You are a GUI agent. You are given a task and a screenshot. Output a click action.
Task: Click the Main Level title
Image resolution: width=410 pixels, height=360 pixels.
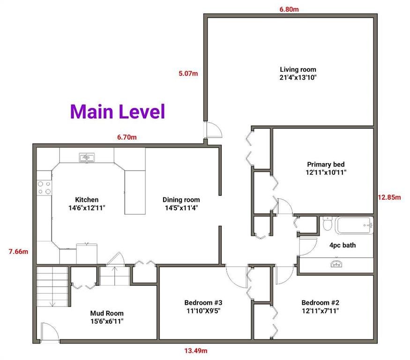(118, 112)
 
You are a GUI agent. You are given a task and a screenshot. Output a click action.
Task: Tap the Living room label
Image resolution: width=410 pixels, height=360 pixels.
(298, 69)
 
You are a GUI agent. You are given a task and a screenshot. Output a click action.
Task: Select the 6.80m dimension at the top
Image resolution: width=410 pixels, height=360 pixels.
(289, 9)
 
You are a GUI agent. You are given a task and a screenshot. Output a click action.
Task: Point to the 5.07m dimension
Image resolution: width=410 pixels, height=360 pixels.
(188, 74)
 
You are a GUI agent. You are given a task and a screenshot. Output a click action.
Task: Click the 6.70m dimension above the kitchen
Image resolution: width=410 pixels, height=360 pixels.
(127, 137)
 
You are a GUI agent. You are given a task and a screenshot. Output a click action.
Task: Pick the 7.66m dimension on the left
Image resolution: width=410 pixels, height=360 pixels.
(18, 252)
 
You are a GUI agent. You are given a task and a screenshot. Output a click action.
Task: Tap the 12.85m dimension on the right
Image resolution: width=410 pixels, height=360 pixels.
(389, 197)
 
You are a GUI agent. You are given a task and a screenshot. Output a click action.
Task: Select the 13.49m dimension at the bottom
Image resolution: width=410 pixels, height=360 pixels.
(196, 351)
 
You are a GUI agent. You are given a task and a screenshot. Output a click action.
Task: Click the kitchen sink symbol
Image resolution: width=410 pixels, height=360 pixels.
(87, 157)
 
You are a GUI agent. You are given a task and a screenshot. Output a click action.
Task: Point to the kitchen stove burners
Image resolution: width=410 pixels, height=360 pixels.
(44, 187)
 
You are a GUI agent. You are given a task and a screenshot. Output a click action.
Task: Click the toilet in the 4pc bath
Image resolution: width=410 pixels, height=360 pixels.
(327, 224)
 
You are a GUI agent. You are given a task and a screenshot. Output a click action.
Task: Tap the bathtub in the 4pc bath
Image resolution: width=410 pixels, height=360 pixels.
(354, 225)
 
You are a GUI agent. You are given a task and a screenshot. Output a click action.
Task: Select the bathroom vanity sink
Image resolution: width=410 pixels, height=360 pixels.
(336, 264)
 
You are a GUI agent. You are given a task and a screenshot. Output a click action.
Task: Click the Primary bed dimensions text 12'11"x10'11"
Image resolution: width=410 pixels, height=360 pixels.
(326, 172)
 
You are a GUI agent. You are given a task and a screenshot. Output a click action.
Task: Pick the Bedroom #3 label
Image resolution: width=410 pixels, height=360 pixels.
(203, 303)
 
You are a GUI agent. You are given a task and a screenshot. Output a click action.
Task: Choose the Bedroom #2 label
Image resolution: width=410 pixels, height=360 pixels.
(321, 303)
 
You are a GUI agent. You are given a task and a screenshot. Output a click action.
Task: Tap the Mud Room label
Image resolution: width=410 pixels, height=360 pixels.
(107, 314)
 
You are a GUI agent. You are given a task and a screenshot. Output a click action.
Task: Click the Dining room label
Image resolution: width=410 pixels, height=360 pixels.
(181, 200)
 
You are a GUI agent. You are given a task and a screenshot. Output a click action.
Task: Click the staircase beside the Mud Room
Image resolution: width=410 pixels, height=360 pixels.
(52, 286)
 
